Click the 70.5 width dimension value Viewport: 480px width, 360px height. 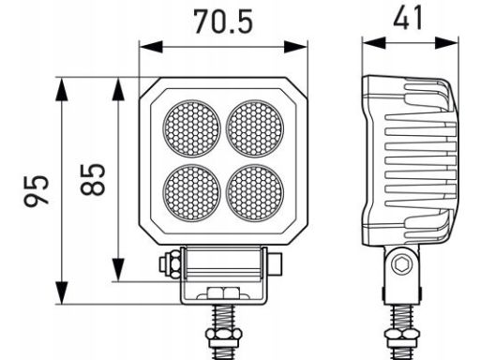223,22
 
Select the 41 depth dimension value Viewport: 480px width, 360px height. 408,18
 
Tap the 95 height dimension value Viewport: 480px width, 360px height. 37,190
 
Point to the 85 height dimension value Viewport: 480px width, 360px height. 93,180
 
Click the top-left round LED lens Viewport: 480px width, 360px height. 191,128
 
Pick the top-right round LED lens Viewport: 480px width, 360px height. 255,128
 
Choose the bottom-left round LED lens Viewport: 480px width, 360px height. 191,193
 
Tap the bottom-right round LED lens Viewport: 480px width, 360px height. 255,193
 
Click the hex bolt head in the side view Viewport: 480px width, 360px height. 401,264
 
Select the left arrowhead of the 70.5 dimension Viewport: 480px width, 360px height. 151,47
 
